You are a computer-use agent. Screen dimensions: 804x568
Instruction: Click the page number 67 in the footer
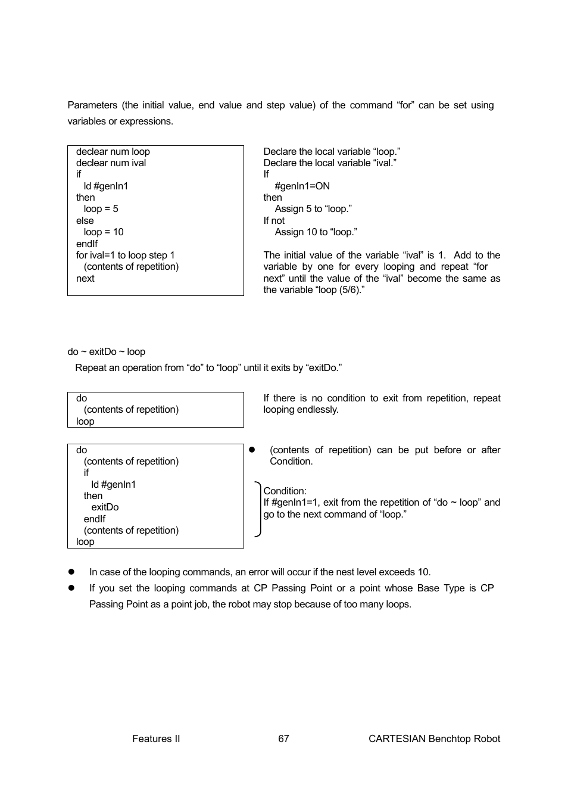[x=283, y=738]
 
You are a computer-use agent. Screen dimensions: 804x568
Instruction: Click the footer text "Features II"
[x=156, y=738]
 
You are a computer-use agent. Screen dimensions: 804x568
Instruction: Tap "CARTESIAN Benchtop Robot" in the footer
[x=434, y=738]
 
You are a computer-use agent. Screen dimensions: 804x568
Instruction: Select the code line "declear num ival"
[x=111, y=163]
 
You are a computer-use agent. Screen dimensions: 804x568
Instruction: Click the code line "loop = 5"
[x=101, y=209]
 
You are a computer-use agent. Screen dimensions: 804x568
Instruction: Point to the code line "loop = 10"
[x=103, y=232]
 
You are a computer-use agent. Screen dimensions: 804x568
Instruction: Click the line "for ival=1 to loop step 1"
[x=126, y=255]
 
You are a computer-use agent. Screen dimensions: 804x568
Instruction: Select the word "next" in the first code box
[x=85, y=278]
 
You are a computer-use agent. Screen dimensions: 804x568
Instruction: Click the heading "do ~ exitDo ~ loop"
[x=107, y=352]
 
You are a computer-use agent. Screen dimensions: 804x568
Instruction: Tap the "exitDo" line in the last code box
[x=105, y=507]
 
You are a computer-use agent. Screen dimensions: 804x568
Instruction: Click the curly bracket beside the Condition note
[x=258, y=509]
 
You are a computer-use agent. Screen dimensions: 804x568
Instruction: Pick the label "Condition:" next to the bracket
[x=285, y=491]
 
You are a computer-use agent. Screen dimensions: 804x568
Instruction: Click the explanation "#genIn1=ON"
[x=302, y=186]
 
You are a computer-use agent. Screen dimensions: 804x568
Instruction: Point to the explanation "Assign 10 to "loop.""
[x=316, y=232]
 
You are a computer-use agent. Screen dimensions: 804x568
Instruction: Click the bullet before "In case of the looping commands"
[x=71, y=572]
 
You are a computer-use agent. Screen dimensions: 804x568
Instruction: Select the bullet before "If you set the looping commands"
[x=71, y=588]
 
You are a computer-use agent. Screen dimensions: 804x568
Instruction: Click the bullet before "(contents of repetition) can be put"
[x=252, y=450]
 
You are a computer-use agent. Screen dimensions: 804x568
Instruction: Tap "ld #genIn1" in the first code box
[x=105, y=186]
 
